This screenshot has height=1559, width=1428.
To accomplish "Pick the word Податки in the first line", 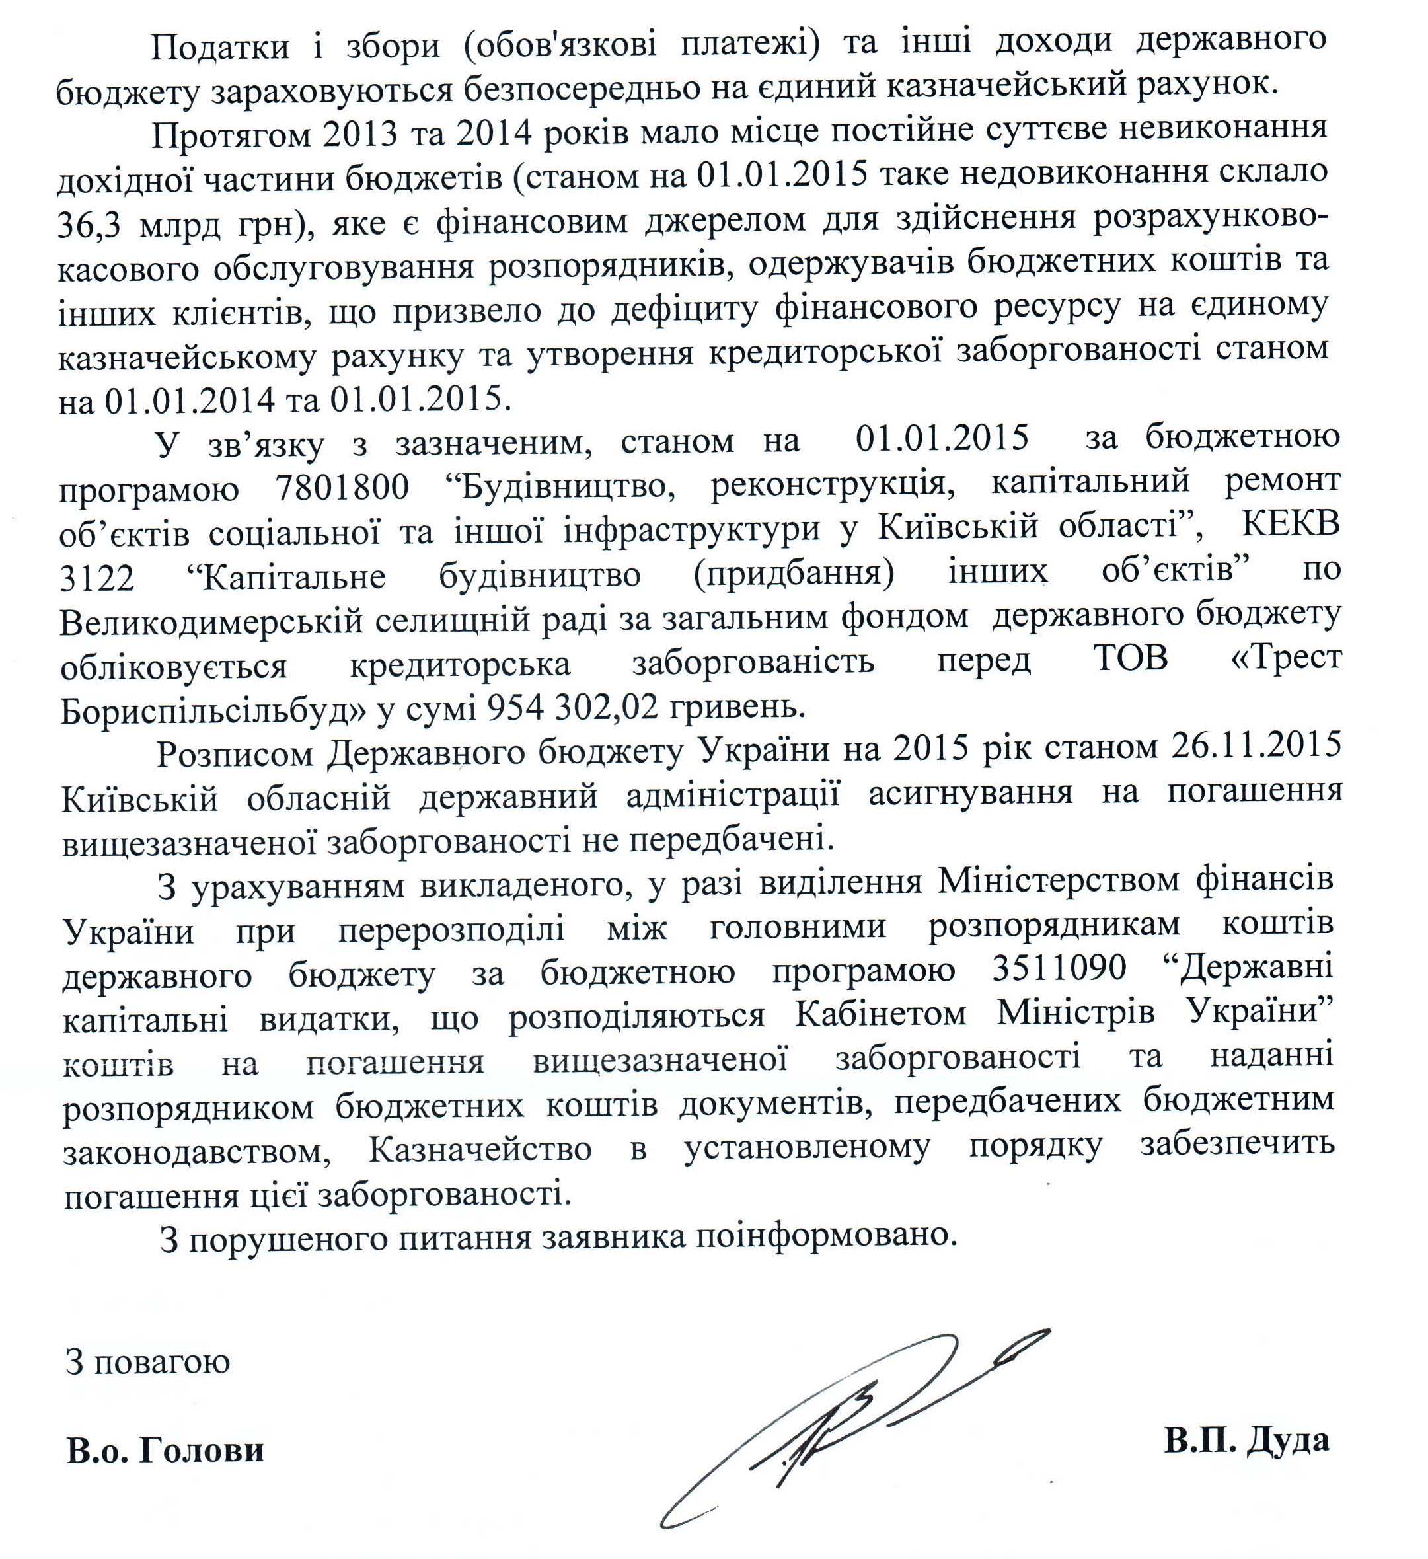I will tap(219, 47).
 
